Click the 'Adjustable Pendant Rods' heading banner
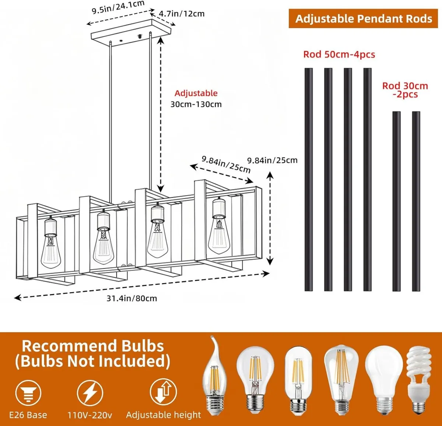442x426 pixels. tap(363, 19)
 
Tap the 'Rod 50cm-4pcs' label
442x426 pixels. tap(339, 54)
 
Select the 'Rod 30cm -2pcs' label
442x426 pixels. tap(405, 90)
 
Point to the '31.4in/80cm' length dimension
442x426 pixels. tap(131, 298)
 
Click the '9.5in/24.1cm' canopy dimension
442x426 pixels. tap(118, 7)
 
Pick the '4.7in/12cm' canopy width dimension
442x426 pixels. tap(182, 14)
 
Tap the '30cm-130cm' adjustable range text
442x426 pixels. tap(196, 104)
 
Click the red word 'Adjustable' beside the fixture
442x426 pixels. tap(196, 93)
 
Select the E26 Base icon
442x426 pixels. tap(28, 393)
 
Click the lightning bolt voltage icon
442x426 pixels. tap(90, 393)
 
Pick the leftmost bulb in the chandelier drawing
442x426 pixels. tap(51, 245)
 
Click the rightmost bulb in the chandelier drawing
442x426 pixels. tap(219, 232)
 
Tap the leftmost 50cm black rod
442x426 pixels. tap(309, 179)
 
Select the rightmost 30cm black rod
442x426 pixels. tap(416, 201)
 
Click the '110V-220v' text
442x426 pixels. tap(90, 415)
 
